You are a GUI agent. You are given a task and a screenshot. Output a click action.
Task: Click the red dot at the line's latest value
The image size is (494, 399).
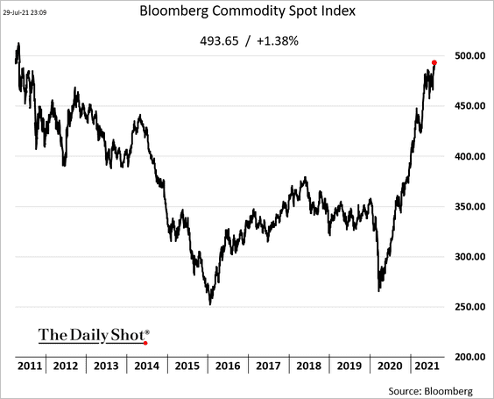coord(434,62)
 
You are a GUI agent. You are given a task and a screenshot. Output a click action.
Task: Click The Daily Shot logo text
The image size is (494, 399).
coord(93,335)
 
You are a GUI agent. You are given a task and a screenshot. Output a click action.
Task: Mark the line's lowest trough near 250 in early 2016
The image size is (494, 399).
coord(210,303)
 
